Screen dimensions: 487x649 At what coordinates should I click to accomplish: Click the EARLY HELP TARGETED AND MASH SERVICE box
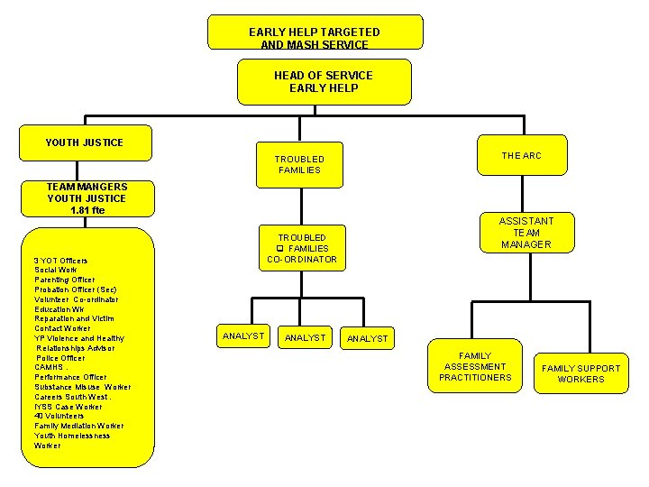315,32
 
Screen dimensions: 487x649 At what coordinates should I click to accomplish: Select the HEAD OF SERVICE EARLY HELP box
324,82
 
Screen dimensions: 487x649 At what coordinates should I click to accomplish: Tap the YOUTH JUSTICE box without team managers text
85,142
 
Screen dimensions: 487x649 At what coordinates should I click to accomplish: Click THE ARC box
521,156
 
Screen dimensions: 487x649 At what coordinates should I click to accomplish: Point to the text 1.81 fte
87,210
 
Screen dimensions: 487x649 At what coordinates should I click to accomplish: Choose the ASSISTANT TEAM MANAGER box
526,233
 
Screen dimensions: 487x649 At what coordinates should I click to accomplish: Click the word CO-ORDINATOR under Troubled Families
302,260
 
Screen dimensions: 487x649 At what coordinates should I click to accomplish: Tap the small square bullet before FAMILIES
280,249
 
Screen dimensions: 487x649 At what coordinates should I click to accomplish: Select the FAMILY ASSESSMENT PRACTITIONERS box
475,367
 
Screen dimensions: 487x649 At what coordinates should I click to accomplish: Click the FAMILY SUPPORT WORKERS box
580,373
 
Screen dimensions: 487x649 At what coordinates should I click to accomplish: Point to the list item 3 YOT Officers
60,261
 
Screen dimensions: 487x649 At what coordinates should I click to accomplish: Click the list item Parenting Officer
65,280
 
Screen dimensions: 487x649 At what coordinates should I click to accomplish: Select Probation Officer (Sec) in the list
75,289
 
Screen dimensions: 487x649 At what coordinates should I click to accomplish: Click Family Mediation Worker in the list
79,426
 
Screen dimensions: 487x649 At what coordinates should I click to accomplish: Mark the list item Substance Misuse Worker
82,387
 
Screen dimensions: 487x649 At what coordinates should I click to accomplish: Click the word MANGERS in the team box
101,187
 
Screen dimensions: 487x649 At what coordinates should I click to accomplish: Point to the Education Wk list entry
59,308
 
